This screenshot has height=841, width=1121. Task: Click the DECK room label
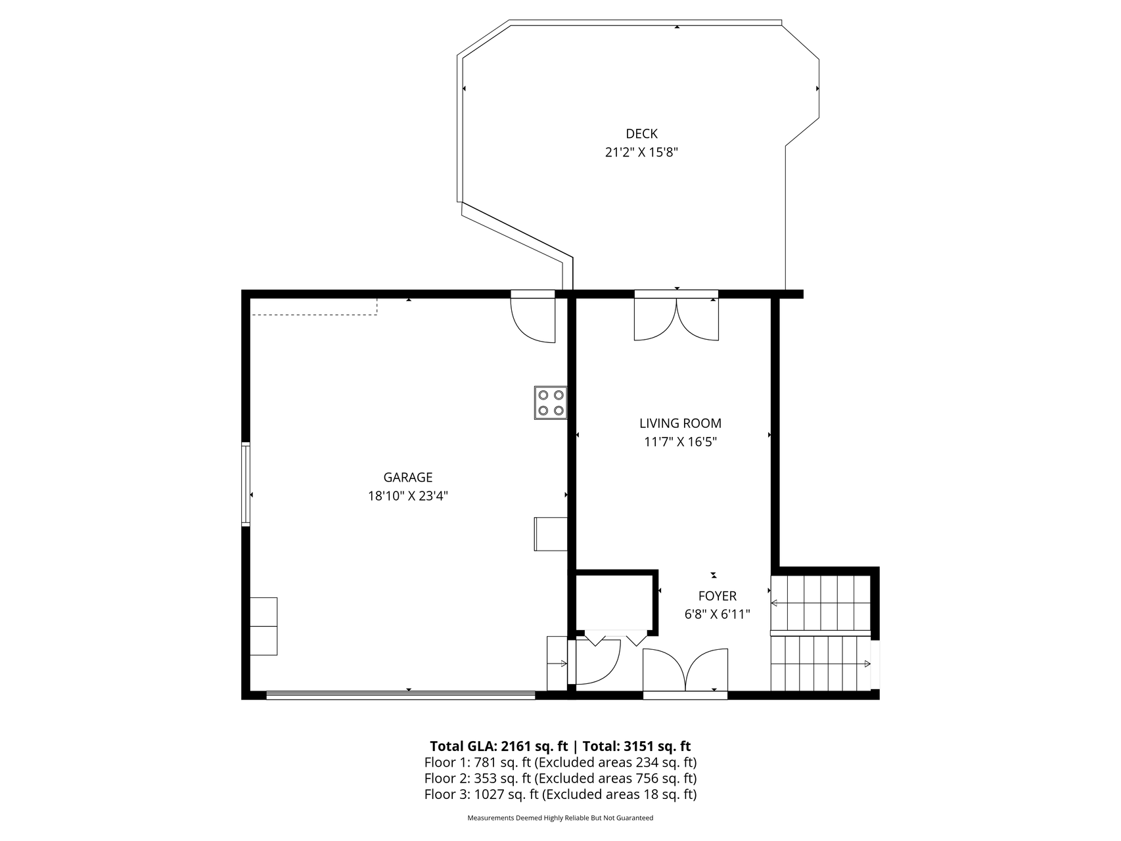[641, 134]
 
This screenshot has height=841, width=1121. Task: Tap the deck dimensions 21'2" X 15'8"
[641, 152]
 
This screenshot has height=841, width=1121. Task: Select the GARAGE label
[408, 478]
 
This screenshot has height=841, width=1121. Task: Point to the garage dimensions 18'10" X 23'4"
[408, 496]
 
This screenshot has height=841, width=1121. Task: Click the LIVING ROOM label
[681, 424]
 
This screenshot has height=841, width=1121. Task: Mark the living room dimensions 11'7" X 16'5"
[681, 442]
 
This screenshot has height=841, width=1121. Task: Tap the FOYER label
[718, 596]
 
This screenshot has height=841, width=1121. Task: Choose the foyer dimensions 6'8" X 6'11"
[718, 614]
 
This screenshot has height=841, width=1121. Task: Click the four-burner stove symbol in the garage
[551, 403]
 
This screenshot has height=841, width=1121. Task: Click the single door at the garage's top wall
[534, 317]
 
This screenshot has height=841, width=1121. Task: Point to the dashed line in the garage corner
[315, 313]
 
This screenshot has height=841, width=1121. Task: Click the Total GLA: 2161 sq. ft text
[499, 746]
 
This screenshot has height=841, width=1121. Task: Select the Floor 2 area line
[560, 779]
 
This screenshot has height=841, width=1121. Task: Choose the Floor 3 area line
[560, 794]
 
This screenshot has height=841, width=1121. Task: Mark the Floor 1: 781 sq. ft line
[560, 763]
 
